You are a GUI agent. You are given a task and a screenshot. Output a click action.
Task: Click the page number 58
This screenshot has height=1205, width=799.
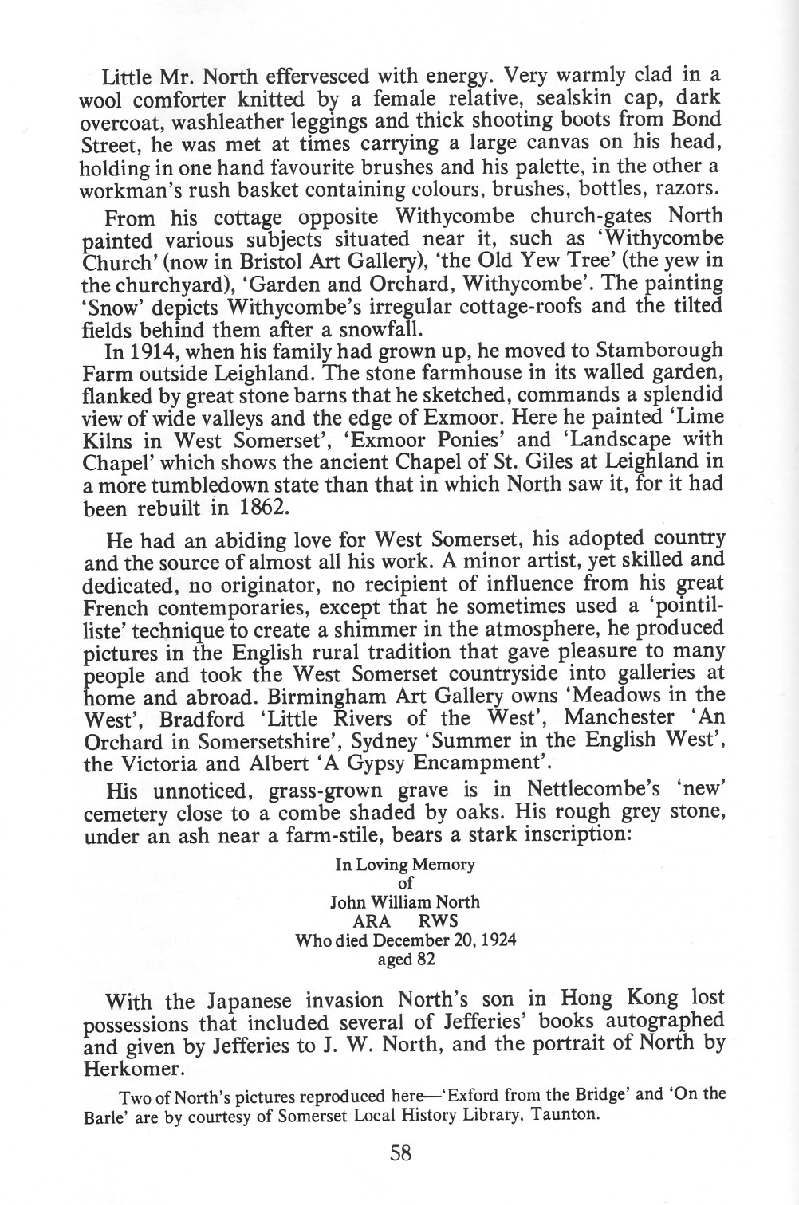coord(401,1152)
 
